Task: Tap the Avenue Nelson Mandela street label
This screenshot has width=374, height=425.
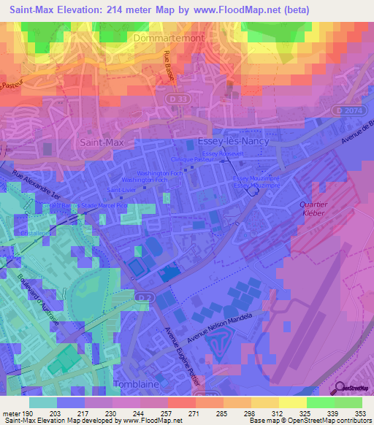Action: pos(219,329)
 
